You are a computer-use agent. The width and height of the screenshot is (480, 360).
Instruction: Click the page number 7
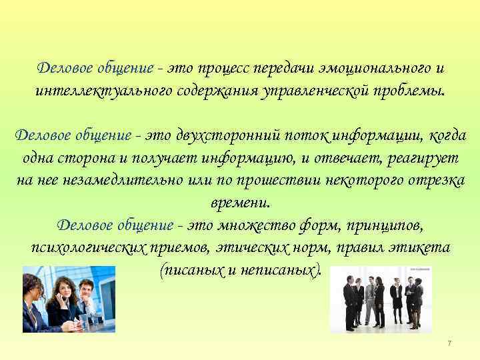point(449,343)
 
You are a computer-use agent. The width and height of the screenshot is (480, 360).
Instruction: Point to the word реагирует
point(415,158)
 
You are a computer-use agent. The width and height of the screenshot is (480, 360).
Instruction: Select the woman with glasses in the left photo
point(33,303)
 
